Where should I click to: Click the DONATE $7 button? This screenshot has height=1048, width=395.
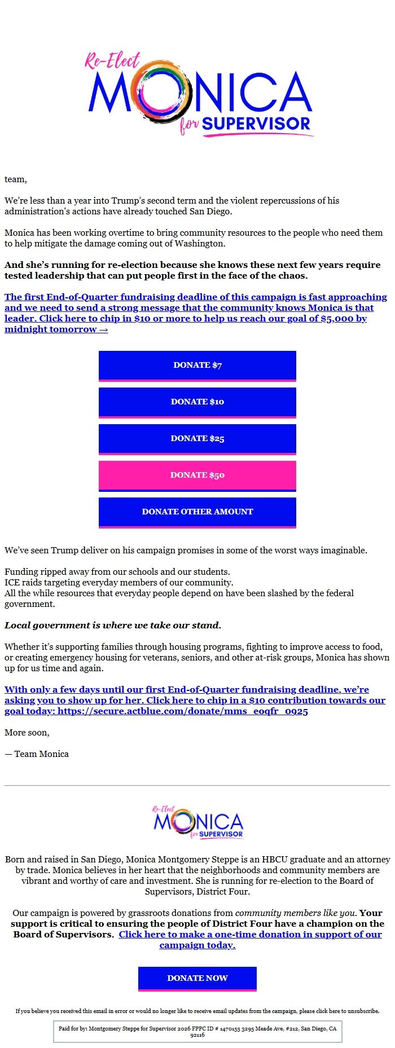197,365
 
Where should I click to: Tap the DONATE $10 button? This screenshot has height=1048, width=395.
197,402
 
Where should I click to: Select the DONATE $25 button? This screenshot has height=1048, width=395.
197,438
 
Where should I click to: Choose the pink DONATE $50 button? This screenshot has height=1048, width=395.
197,475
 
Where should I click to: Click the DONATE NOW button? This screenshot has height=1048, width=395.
197,978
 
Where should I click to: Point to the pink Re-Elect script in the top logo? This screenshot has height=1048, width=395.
112,61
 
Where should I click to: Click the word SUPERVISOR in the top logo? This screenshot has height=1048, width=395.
256,124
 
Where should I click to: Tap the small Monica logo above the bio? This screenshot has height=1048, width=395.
197,822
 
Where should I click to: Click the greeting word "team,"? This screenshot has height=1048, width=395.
16,179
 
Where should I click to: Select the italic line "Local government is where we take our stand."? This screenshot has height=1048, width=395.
113,625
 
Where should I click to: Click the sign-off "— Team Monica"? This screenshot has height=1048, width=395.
37,754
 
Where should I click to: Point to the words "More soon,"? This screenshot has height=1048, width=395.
27,733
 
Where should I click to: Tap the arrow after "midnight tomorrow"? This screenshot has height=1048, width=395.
103,329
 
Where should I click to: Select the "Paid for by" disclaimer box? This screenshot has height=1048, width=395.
197,1032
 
